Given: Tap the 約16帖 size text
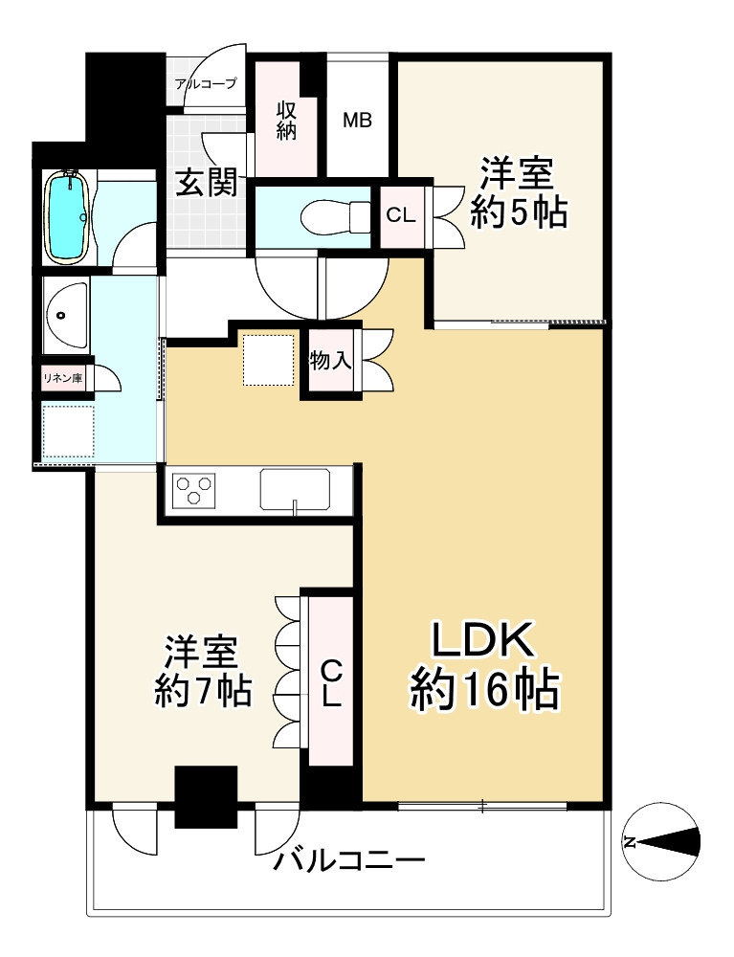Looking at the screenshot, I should pos(484,689).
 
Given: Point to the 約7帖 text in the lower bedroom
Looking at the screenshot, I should pos(204,690).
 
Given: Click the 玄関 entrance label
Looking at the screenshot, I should pos(206,182).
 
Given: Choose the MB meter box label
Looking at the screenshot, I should pos(358,122).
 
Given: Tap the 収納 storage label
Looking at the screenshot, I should pos(286,122).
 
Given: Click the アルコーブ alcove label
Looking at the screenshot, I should pos(205,84).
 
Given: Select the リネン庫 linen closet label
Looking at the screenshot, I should pos(62,378).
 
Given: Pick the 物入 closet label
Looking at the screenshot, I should pos(331,361).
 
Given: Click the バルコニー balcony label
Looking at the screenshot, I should pos(348,863).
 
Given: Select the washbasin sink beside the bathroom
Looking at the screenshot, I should pos(64,315).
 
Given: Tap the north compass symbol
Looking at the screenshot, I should pos(659,841).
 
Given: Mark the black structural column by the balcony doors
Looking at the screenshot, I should pos(206,796).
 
